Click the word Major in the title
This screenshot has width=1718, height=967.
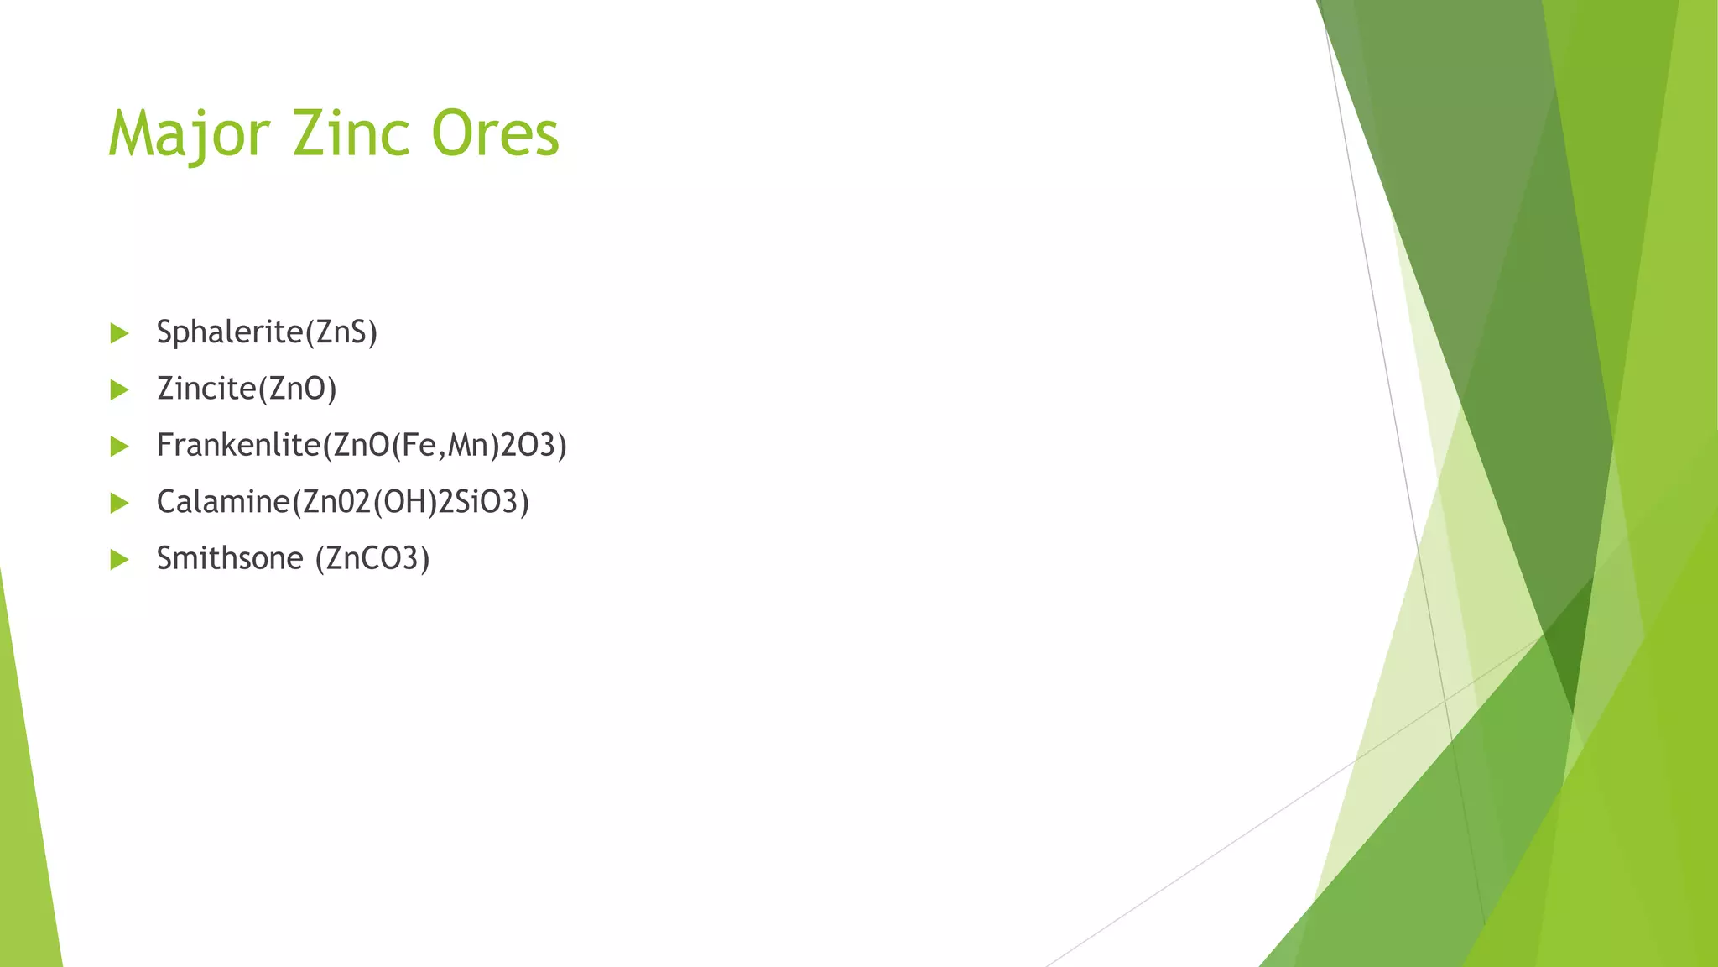[190, 134]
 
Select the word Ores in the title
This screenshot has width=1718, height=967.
[495, 134]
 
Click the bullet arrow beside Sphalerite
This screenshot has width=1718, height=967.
[119, 333]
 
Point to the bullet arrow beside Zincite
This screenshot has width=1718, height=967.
[119, 389]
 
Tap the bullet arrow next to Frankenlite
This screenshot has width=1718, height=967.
[119, 446]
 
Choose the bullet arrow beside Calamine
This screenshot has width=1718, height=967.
[119, 503]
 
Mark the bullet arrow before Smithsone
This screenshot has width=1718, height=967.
[119, 559]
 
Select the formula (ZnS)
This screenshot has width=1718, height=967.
[341, 332]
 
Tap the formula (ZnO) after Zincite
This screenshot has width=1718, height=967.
[297, 389]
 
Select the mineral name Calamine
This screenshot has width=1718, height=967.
[223, 502]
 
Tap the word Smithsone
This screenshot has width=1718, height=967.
[230, 558]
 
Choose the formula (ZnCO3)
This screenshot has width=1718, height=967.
[372, 558]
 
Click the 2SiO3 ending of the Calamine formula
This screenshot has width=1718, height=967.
[478, 502]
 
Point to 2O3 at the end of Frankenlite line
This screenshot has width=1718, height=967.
[528, 445]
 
